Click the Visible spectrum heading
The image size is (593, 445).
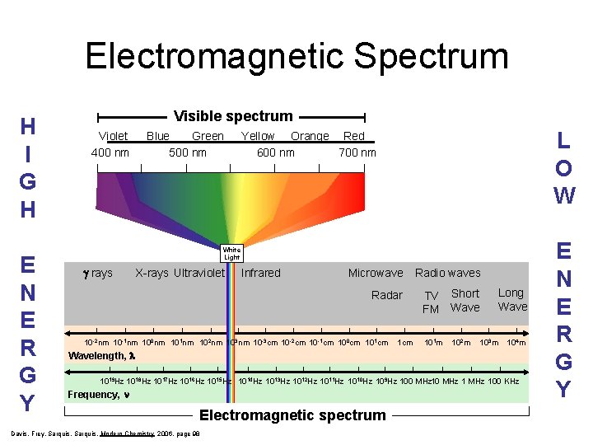point(233,116)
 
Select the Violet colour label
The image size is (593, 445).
point(113,136)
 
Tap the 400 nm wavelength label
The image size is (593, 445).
point(110,152)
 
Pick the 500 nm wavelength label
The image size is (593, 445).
point(188,152)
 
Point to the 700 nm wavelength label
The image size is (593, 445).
point(357,152)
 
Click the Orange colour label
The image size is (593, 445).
point(310,136)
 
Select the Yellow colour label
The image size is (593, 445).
point(258,136)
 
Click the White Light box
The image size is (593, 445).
point(231,253)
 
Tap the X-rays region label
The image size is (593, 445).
point(152,273)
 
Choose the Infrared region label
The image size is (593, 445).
point(261,273)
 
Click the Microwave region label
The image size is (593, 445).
point(376,273)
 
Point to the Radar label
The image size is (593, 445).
point(387,295)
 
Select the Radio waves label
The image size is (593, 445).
point(448,273)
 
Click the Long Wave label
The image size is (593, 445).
point(511,300)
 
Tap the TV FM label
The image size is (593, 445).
point(431,302)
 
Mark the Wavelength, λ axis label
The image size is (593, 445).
point(101,356)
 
